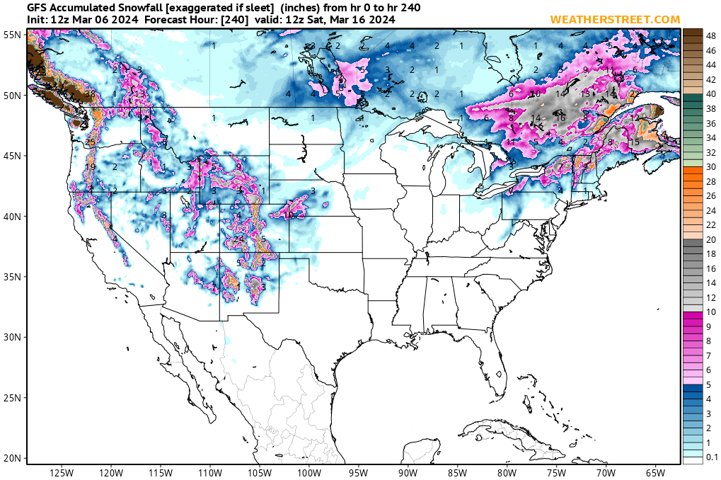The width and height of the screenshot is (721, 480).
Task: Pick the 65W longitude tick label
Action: pyautogui.click(x=655, y=473)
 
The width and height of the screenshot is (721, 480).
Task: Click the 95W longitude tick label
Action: pyautogui.click(x=359, y=473)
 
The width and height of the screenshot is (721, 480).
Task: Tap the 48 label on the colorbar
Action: pyautogui.click(x=711, y=34)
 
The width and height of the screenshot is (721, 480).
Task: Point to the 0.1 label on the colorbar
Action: pyautogui.click(x=712, y=458)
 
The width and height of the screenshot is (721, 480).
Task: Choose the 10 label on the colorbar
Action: pyautogui.click(x=711, y=312)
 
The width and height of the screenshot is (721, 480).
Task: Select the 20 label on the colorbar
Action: pyautogui.click(x=711, y=239)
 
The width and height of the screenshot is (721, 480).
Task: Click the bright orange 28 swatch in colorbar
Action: pyautogui.click(x=693, y=180)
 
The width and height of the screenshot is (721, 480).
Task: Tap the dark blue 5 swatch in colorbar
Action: pyautogui.click(x=693, y=388)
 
